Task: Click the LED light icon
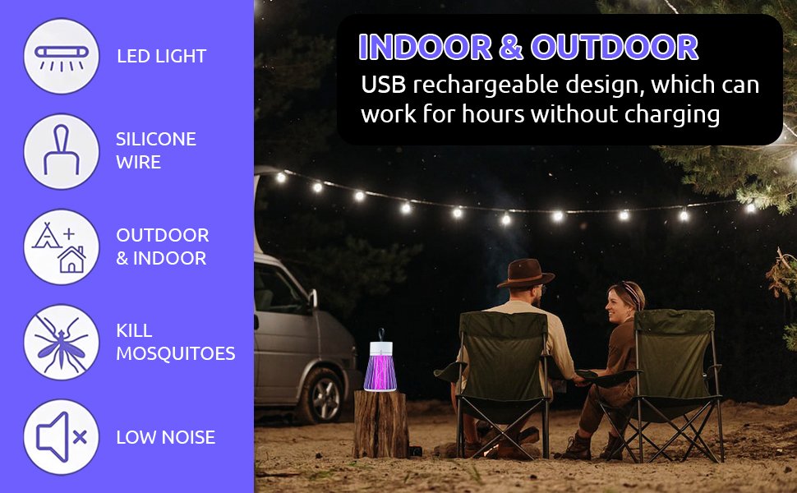point(62,56)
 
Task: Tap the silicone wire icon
point(62,151)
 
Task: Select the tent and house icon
point(62,246)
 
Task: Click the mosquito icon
point(62,342)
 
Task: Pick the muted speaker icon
point(62,437)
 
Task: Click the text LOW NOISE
point(165,437)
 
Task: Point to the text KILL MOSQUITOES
point(175,342)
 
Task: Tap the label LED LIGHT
point(161,57)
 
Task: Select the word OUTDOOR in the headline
point(615,48)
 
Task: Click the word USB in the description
point(384,85)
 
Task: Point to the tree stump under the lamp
point(380,423)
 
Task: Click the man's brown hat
point(525,274)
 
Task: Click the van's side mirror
point(312,300)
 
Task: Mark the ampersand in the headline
point(510,48)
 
